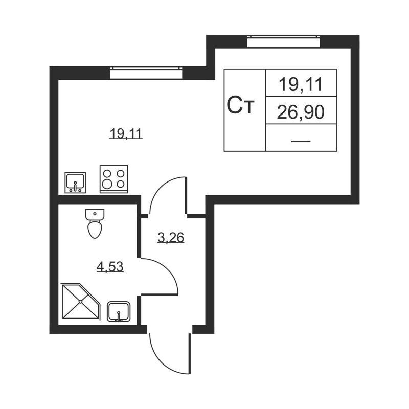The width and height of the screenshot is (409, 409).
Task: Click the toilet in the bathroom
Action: coord(95,225)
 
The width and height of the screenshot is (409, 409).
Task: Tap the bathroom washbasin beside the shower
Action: coord(119,311)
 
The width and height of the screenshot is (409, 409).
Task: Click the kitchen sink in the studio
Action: coord(76,182)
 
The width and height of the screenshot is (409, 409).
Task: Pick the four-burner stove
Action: coord(113,179)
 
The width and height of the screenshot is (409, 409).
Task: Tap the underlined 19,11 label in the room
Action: coord(125,134)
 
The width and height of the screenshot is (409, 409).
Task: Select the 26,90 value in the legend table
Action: coord(301,111)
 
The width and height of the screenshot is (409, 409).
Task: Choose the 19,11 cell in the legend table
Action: coord(301,84)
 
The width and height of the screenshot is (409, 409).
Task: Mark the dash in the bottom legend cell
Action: coord(301,140)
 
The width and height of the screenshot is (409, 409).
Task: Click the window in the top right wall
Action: coord(284,41)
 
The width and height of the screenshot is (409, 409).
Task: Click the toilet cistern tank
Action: coord(95,213)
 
